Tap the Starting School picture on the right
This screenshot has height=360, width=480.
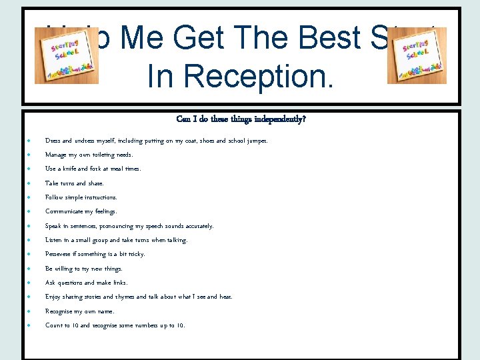(x=417, y=56)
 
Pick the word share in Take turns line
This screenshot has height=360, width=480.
(x=96, y=183)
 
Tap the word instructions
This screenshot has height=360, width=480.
(x=99, y=197)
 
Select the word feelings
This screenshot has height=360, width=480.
(x=104, y=211)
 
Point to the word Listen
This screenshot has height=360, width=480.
(x=54, y=240)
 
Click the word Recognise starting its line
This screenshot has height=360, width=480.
(x=61, y=311)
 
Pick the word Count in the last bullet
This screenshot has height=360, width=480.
(x=53, y=325)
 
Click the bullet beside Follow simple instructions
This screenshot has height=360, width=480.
(x=31, y=197)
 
